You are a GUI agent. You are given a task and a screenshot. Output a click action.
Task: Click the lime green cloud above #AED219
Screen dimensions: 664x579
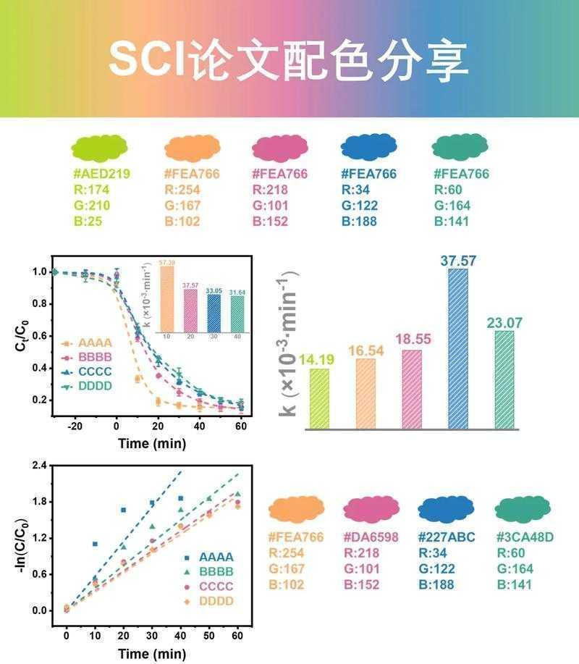[100, 148]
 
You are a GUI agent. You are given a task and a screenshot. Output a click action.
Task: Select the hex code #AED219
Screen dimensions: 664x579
[101, 175]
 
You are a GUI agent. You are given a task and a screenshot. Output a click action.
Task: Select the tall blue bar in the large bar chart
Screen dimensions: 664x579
[457, 349]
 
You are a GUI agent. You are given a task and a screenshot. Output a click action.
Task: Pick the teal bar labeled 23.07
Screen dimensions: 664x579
[504, 380]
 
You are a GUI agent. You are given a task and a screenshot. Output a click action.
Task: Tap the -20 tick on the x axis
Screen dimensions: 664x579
[75, 427]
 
